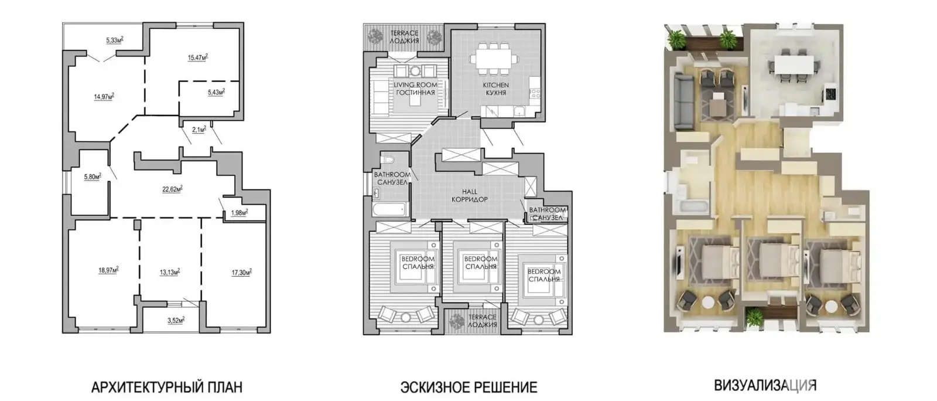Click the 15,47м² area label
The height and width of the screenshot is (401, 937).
pos(198,57)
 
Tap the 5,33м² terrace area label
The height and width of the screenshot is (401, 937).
pos(115,40)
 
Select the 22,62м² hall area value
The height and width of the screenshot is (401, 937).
pos(172,189)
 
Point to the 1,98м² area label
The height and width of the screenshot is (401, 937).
pos(240,213)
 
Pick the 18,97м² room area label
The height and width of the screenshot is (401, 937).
pos(108,270)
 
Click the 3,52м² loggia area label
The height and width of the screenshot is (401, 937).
pos(176,321)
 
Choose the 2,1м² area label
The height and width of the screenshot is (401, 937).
pos(199,130)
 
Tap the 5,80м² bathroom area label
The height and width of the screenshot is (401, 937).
pos(93,176)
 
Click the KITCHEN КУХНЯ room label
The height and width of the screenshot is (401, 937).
pos(496,89)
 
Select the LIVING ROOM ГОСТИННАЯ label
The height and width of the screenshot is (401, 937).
pos(415,89)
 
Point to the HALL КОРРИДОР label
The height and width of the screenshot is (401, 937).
pos(470,195)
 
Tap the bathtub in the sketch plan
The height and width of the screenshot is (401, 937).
pos(390,209)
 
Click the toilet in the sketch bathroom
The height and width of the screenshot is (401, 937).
pos(387,160)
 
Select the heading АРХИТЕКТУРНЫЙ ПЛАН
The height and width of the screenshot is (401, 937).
pos(167,387)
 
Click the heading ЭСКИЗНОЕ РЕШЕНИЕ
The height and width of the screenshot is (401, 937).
pos(469,387)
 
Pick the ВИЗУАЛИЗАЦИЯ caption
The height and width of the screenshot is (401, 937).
pos(765,385)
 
